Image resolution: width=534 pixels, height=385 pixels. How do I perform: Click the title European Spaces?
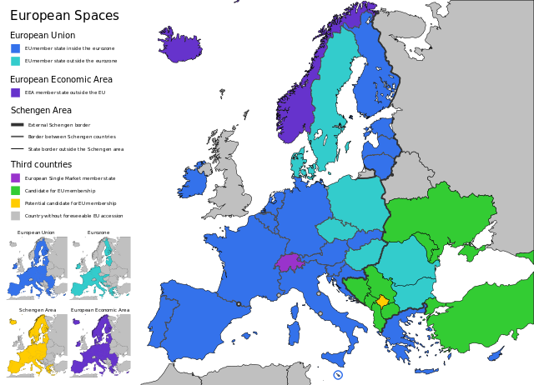[x=64, y=16]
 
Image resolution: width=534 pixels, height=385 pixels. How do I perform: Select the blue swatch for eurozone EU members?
[x=15, y=48]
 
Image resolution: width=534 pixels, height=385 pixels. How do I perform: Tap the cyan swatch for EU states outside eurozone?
[x=15, y=61]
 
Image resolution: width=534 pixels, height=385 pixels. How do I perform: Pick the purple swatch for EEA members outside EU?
[x=15, y=92]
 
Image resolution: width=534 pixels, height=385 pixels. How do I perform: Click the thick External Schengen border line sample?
[x=17, y=124]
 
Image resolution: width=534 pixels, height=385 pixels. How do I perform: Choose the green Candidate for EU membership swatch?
[x=15, y=190]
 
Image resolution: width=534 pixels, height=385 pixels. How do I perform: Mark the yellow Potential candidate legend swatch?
[x=15, y=202]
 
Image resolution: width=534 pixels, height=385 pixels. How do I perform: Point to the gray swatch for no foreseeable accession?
[x=15, y=215]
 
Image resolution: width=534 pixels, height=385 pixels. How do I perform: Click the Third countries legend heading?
[x=41, y=164]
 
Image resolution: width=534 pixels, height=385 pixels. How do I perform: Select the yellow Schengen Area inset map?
[x=36, y=344]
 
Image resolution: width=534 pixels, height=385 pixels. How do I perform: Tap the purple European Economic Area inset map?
[x=99, y=344]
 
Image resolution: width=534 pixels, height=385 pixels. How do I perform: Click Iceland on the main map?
[x=179, y=45]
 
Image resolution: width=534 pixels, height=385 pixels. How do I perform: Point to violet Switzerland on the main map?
[x=289, y=262]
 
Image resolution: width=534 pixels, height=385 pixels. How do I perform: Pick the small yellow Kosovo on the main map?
[x=382, y=301]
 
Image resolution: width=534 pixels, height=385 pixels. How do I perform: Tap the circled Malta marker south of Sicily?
[x=338, y=375]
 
